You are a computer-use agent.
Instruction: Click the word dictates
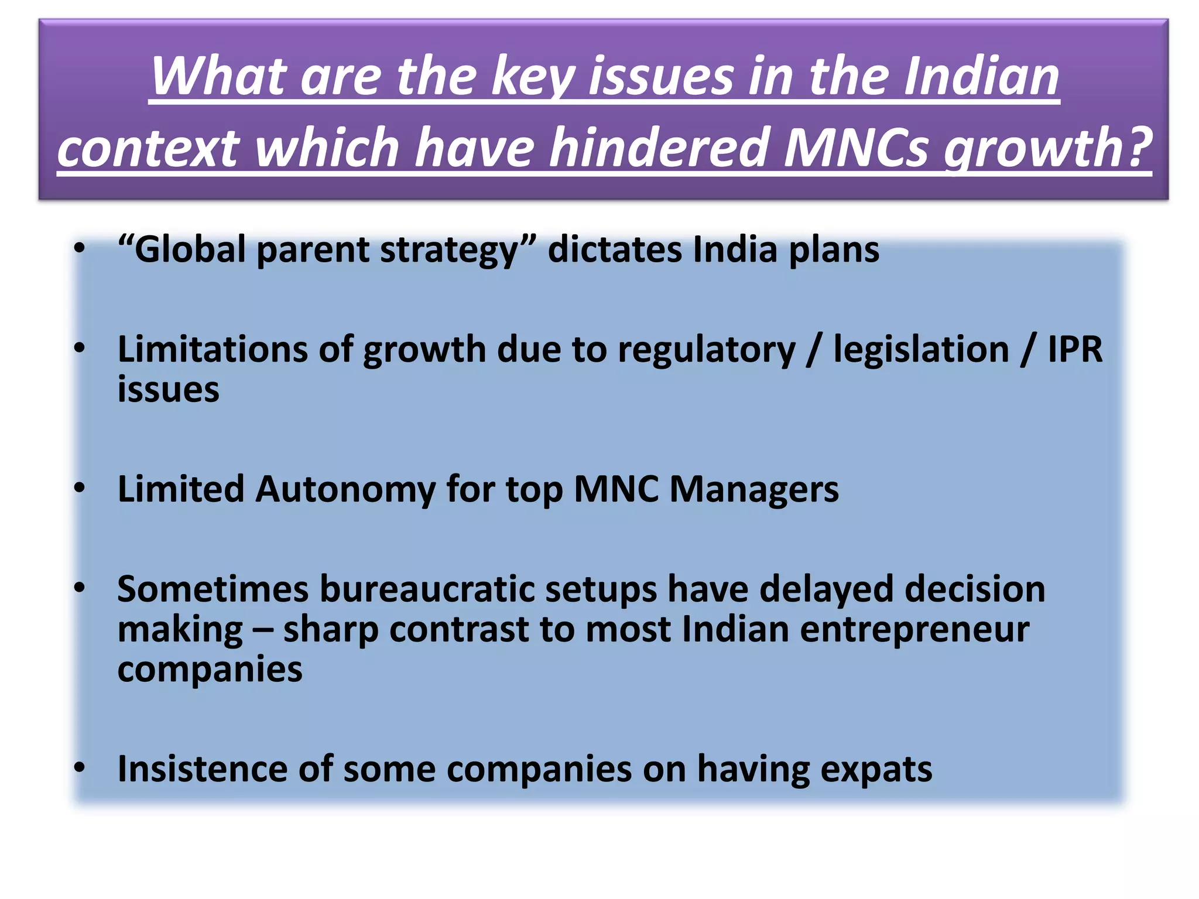(x=614, y=249)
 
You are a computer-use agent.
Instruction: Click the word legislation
(x=921, y=349)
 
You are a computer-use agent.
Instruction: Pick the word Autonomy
(x=345, y=489)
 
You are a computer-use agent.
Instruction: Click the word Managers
(x=753, y=489)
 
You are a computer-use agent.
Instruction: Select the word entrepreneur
(x=914, y=630)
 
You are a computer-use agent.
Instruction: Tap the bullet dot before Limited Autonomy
(x=80, y=488)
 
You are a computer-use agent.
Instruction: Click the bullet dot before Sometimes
(x=80, y=587)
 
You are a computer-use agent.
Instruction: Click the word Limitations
(x=213, y=349)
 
